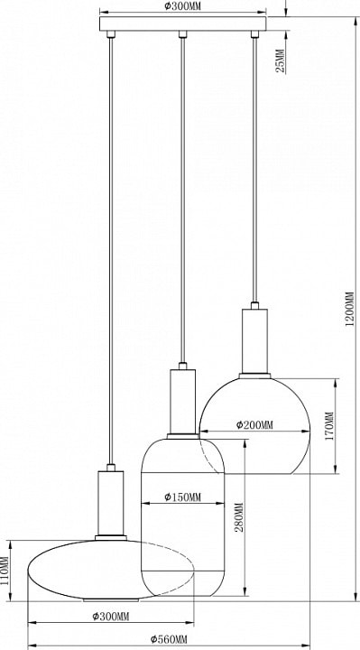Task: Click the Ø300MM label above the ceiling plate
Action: tap(181, 5)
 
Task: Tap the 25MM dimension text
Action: tap(281, 61)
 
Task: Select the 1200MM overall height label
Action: tap(350, 310)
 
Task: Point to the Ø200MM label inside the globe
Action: tap(254, 425)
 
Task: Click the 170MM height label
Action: tap(329, 426)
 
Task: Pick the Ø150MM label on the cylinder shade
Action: tap(182, 497)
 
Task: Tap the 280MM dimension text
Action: tap(240, 517)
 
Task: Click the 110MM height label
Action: tap(5, 571)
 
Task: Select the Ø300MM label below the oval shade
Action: tap(111, 617)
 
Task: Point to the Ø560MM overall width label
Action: tap(169, 639)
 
